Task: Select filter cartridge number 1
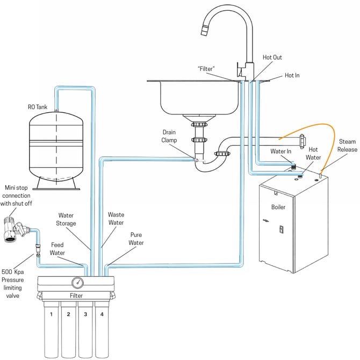coord(51,322)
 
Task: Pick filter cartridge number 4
coord(102,322)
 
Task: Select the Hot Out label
coord(272,57)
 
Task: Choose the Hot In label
coord(292,76)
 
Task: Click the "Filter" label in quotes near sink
coord(207,68)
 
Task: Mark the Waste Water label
coord(116,219)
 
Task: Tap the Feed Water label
coord(57,249)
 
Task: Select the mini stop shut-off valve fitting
coord(16,228)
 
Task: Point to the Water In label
coord(281,152)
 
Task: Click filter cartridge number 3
coord(85,322)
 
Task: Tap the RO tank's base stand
coord(57,183)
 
